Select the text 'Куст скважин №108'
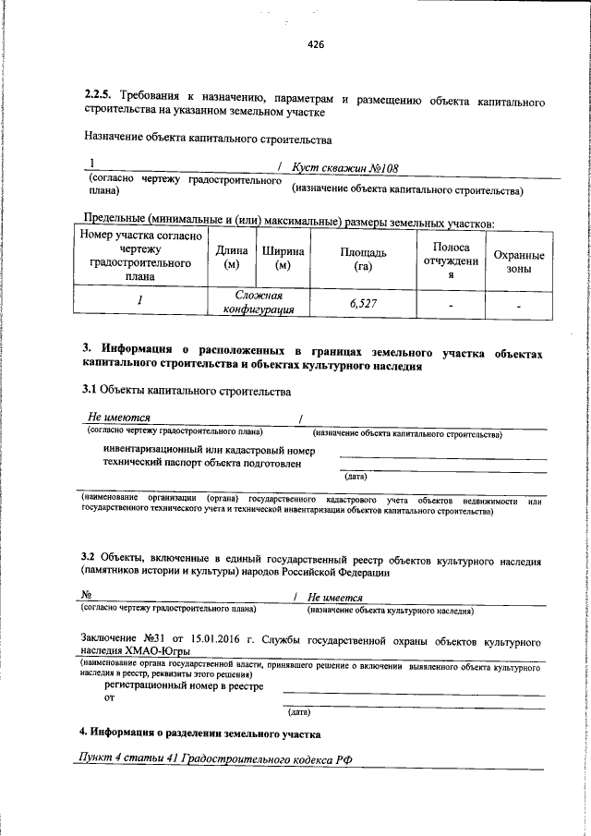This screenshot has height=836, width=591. (x=337, y=169)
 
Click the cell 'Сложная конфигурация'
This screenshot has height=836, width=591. (x=258, y=302)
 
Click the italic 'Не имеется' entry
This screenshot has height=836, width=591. (x=335, y=598)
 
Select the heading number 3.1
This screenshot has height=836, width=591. (x=90, y=393)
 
